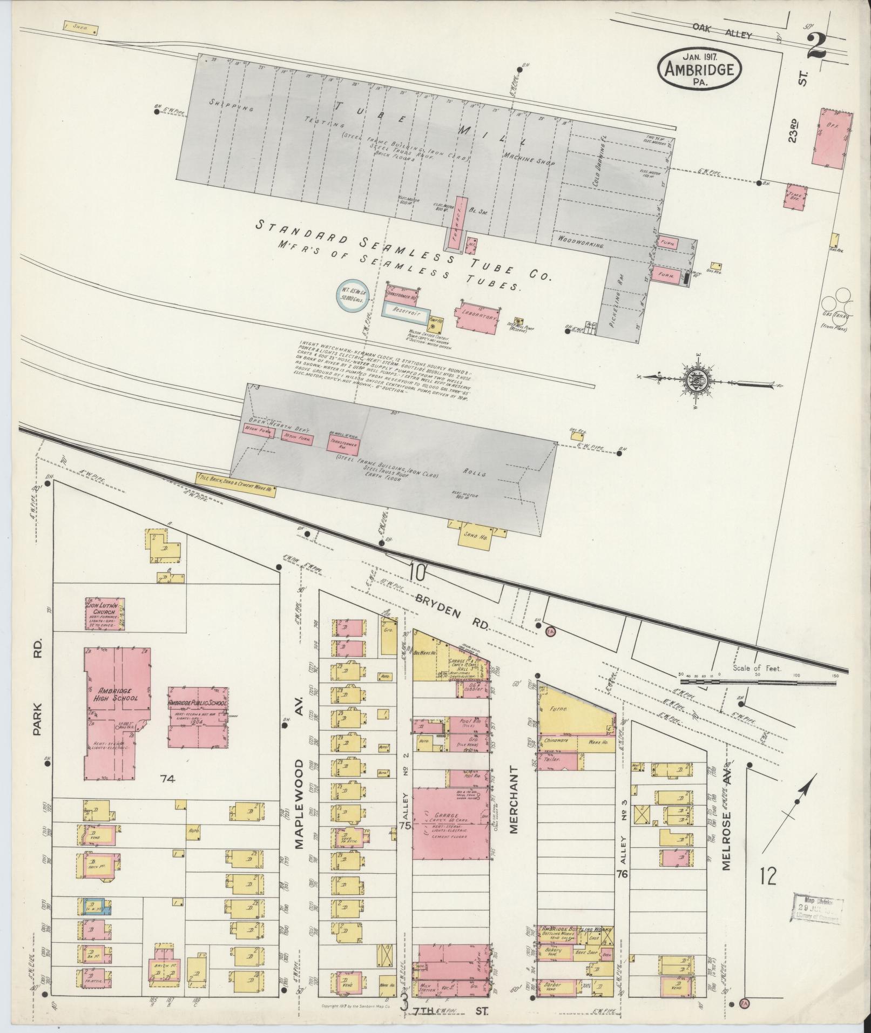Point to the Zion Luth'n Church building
106,612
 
